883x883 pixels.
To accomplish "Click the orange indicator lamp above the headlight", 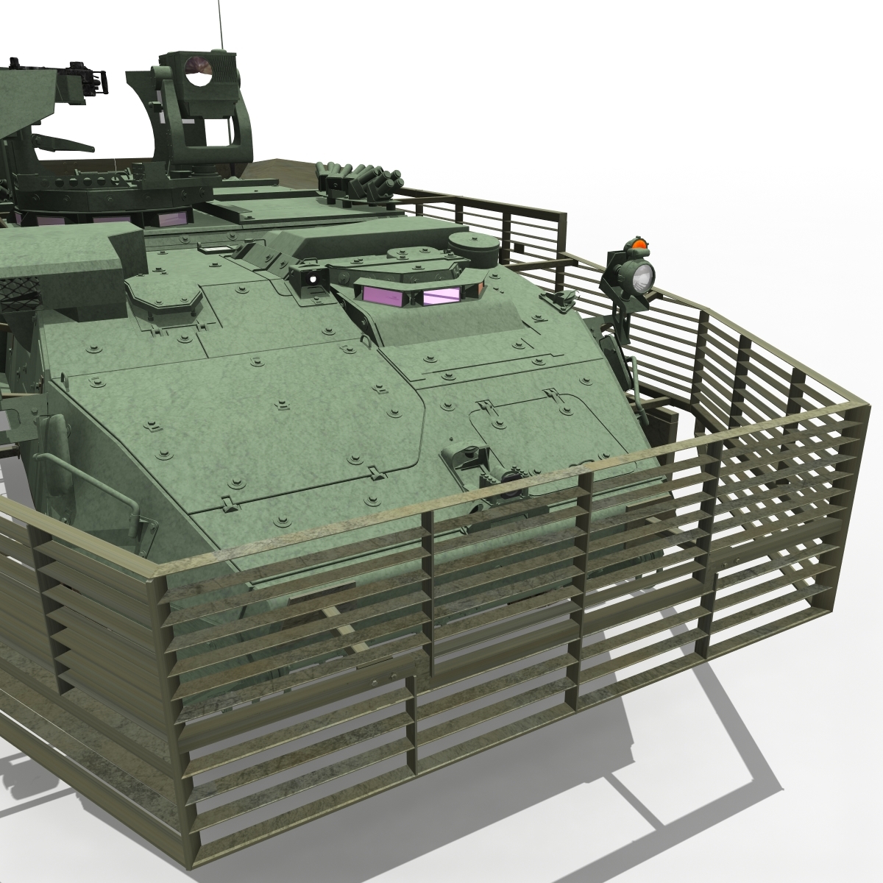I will pos(639,244).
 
